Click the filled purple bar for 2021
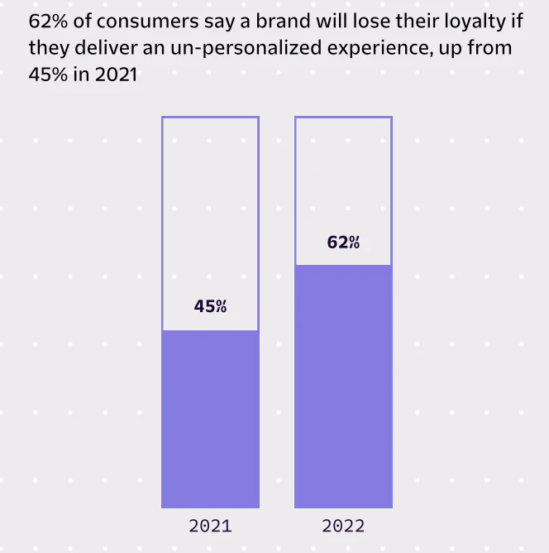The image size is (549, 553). pos(210,418)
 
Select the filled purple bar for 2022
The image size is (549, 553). pos(343,386)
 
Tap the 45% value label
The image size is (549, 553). pos(210,306)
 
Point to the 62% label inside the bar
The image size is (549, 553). pos(343,243)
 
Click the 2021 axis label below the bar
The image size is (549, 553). pos(210,526)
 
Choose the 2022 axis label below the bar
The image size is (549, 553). pos(343,526)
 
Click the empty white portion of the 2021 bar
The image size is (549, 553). pos(210,207)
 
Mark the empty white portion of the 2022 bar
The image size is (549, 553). pos(343,174)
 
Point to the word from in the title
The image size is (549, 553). pos(491,47)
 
